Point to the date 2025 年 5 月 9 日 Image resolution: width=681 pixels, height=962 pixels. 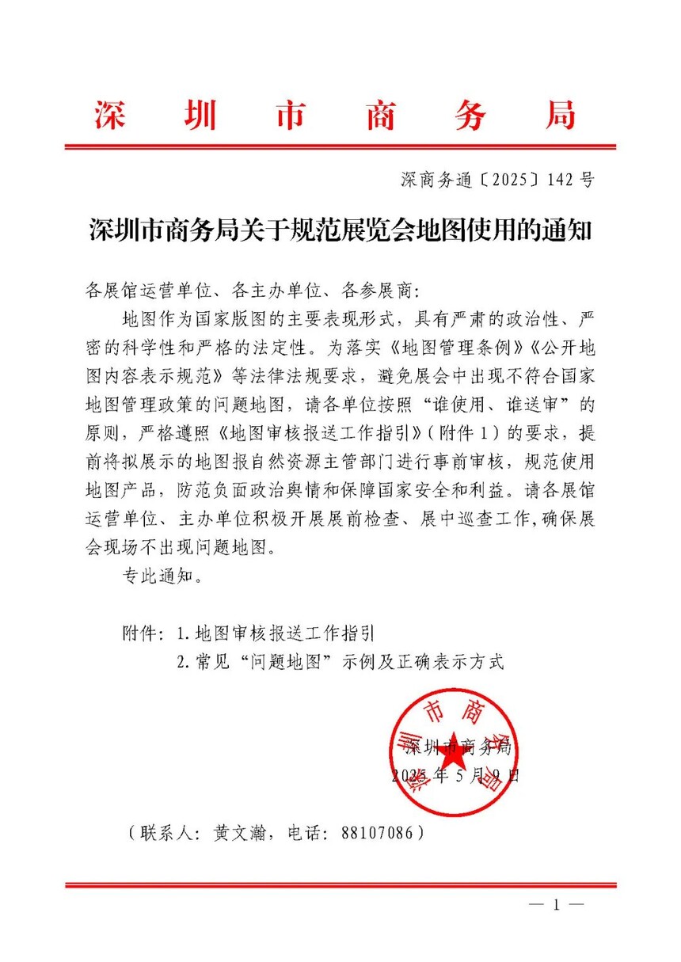click(455, 775)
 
